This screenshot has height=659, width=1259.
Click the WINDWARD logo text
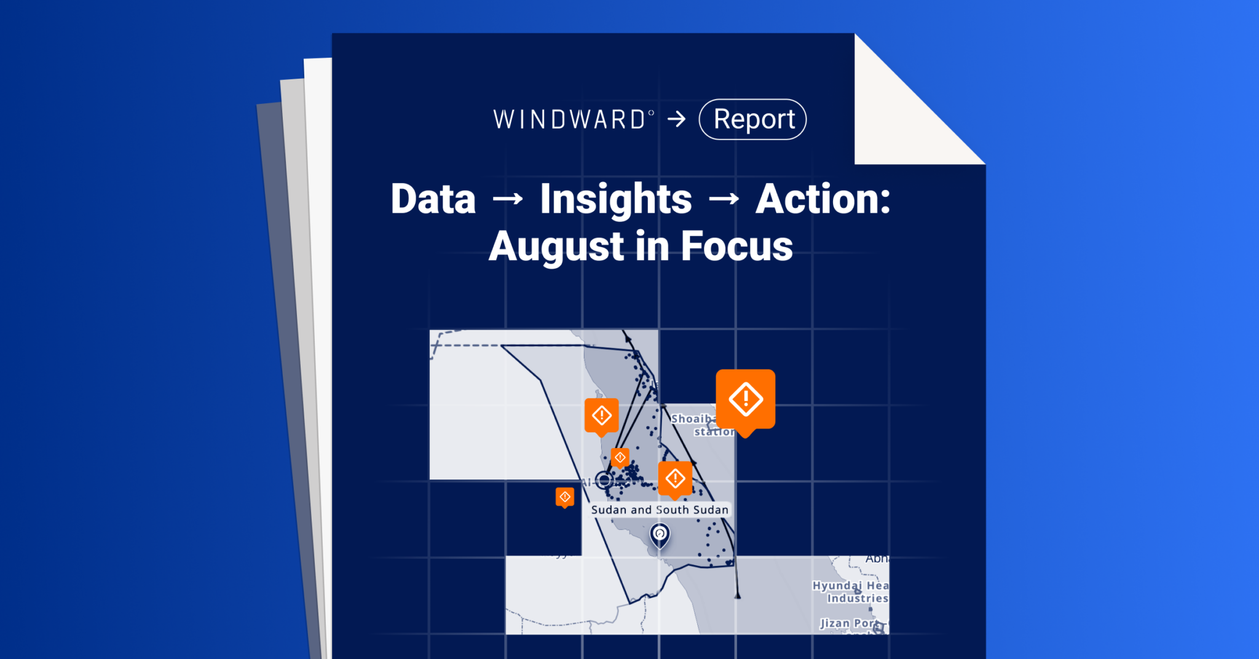point(570,119)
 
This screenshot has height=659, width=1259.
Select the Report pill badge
point(752,119)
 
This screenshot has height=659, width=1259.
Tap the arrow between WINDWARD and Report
point(677,119)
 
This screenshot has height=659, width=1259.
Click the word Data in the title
point(433,200)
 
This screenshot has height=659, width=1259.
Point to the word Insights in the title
point(615,200)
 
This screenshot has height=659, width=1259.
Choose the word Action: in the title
point(823,200)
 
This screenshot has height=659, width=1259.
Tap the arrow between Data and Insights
point(508,199)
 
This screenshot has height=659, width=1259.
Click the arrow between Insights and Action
point(724,199)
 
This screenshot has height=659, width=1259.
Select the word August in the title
point(556,247)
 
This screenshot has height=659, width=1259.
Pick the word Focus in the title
point(736,247)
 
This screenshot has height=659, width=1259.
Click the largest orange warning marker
point(746,400)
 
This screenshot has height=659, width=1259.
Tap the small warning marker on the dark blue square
point(565,497)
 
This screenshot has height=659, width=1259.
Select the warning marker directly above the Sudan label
point(675,478)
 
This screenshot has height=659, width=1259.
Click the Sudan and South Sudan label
point(660,510)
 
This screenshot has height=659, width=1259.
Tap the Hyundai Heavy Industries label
point(850,591)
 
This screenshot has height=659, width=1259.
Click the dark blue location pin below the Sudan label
point(660,534)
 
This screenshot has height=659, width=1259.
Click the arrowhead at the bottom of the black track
point(738,595)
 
